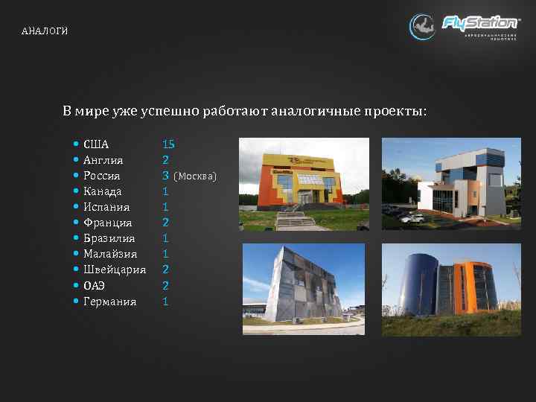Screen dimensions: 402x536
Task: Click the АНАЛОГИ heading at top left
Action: (x=45, y=31)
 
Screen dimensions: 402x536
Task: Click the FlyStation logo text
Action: (x=480, y=22)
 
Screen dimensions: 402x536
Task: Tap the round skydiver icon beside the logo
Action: (x=423, y=27)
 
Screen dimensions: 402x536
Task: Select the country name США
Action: (x=96, y=144)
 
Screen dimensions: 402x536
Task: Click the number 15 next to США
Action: (x=168, y=144)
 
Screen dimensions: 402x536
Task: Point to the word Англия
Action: (x=103, y=160)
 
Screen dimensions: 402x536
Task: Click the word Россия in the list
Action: (x=102, y=176)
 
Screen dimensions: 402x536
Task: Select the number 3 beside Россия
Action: (x=165, y=176)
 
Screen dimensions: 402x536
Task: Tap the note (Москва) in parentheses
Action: (x=195, y=176)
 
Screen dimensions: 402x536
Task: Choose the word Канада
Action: (x=103, y=191)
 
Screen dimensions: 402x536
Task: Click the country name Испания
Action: (x=106, y=207)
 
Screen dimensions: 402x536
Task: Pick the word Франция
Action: (x=107, y=223)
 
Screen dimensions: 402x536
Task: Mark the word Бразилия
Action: (x=109, y=238)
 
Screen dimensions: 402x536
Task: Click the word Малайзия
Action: (x=110, y=254)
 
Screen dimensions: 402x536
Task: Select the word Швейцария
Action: (x=115, y=269)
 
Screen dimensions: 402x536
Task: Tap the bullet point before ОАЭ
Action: (x=77, y=285)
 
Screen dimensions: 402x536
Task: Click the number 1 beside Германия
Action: (x=165, y=301)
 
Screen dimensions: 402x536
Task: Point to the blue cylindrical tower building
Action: (x=450, y=288)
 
